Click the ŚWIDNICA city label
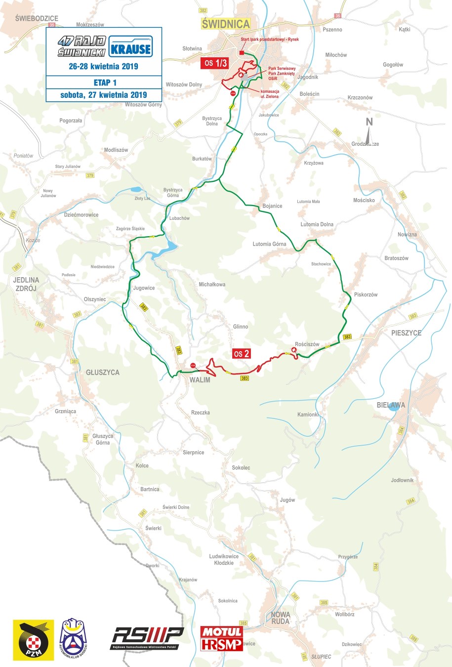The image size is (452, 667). (x=226, y=24)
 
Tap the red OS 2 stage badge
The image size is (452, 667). (x=242, y=354)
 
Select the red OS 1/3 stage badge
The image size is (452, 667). (x=215, y=63)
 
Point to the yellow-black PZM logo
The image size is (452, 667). (x=33, y=640)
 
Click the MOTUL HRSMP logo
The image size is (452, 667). (x=221, y=638)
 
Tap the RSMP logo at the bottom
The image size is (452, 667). (x=147, y=637)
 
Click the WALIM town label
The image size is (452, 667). (x=200, y=380)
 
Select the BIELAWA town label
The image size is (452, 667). (x=391, y=405)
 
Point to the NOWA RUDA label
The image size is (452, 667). (x=280, y=618)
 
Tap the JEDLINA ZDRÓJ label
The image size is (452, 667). (x=26, y=284)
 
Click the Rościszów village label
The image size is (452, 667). (x=307, y=344)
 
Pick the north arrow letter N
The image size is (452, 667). (x=369, y=122)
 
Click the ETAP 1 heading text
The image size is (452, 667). (x=105, y=83)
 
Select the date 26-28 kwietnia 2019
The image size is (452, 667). (x=104, y=66)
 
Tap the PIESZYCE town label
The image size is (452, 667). (x=406, y=333)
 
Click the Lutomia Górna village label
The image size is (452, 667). (x=269, y=244)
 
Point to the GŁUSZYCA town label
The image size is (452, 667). (x=103, y=373)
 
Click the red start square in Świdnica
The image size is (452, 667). (x=242, y=53)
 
